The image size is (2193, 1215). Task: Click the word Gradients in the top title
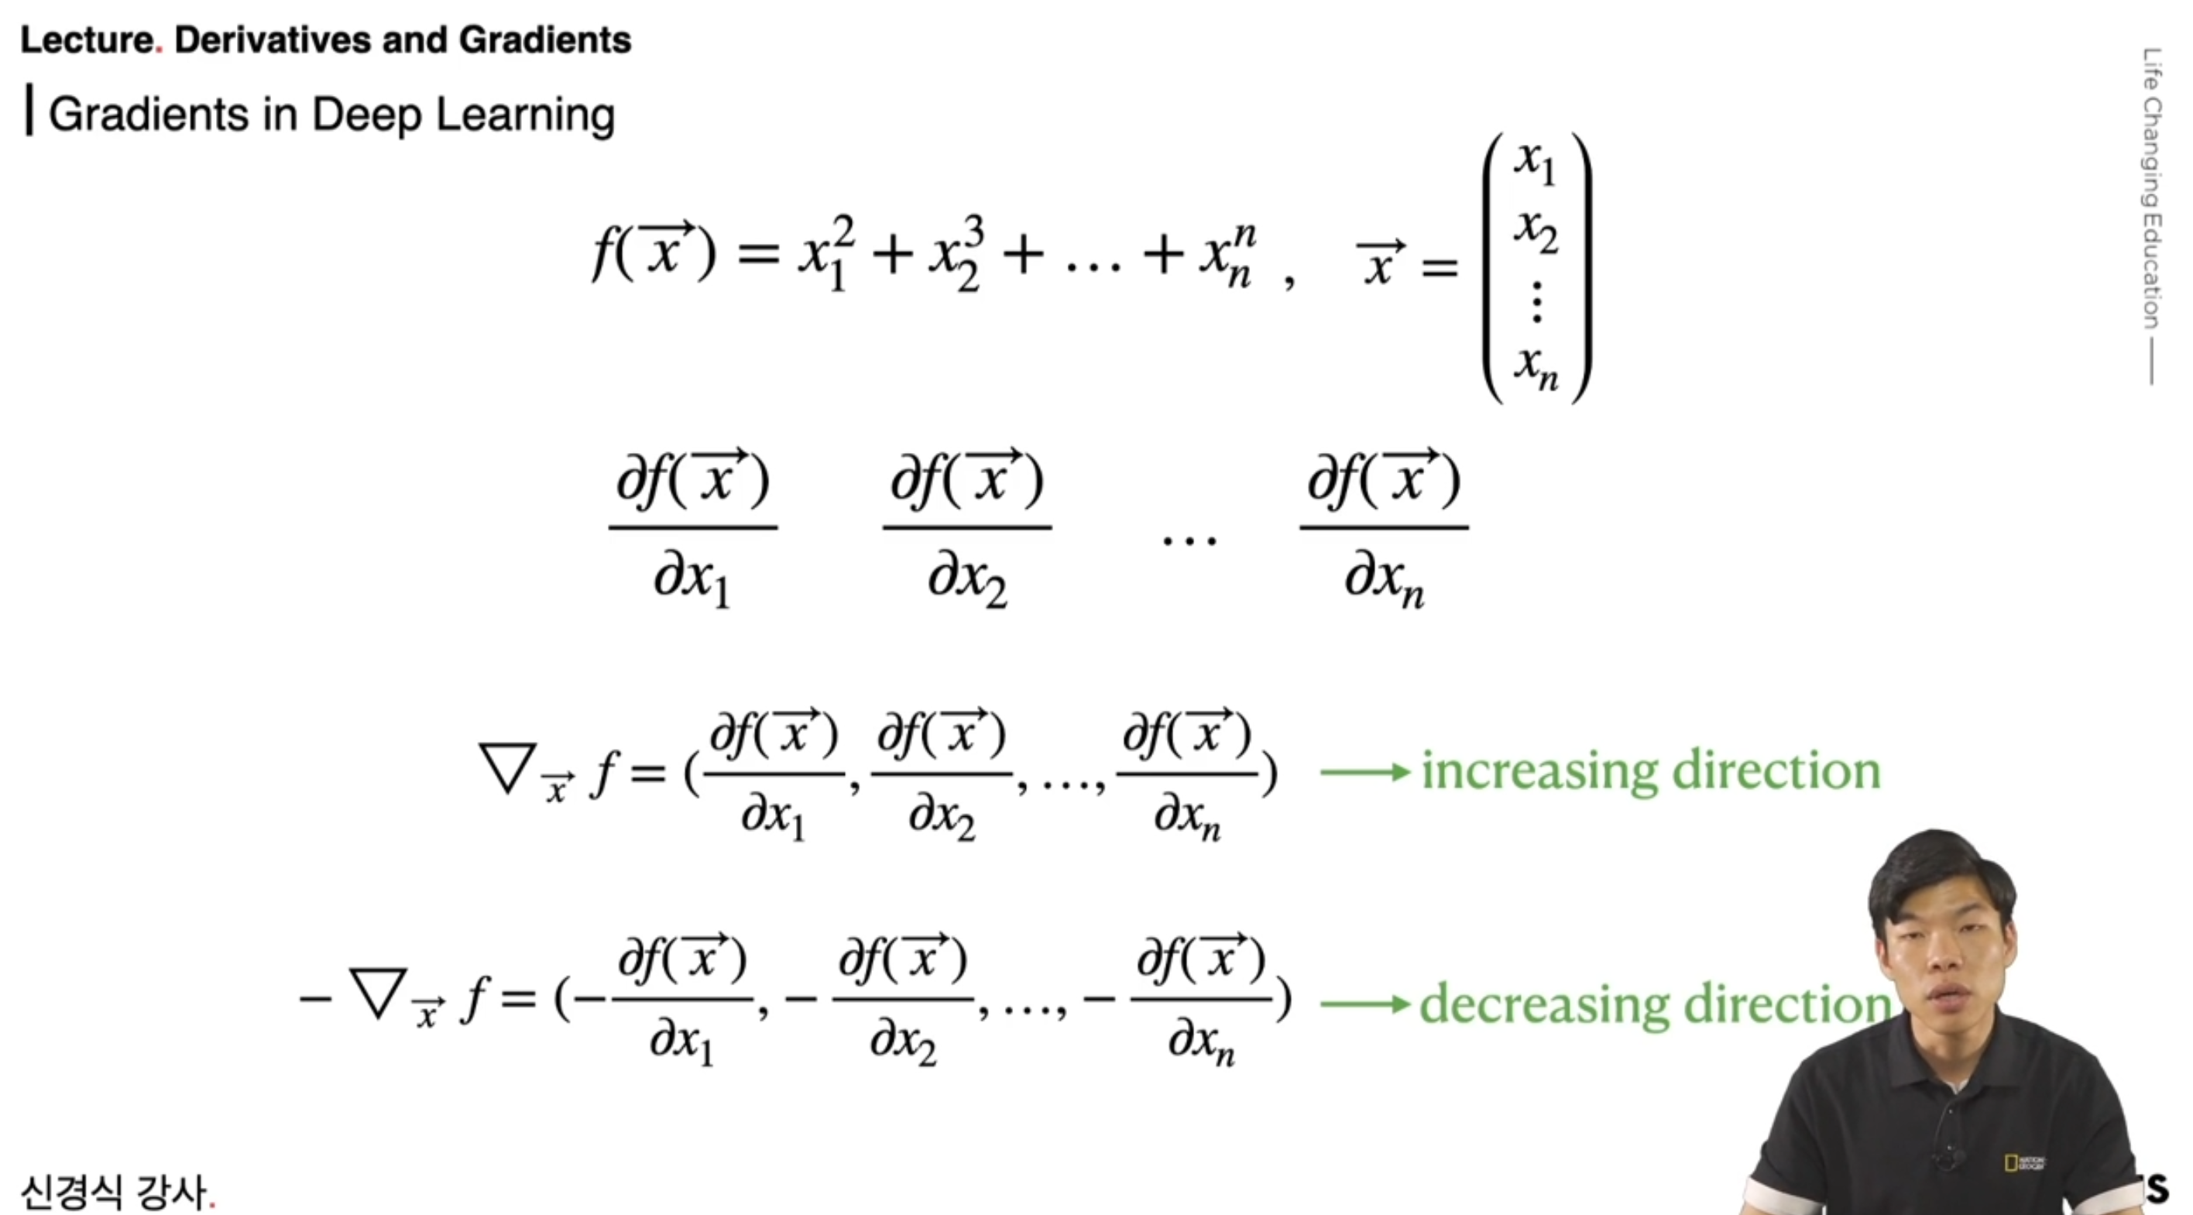545,40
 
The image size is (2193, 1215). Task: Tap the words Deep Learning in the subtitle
463,114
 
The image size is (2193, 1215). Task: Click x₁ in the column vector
1535,162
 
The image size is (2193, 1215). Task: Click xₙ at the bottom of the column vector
1535,366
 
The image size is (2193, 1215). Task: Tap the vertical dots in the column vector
1536,301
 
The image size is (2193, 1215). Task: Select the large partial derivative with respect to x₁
692,528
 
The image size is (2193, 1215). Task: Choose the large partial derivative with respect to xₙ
1383,528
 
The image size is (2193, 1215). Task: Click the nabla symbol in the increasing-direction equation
507,768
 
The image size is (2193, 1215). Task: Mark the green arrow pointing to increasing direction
1364,772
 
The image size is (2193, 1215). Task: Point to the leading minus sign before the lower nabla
314,998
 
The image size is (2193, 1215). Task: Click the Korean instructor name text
114,1191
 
